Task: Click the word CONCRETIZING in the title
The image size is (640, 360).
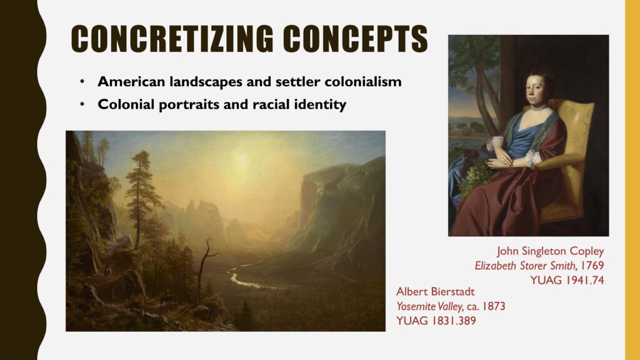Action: (172, 39)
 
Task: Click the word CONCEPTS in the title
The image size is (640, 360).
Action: (355, 39)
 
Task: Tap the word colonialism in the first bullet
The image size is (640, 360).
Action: (363, 82)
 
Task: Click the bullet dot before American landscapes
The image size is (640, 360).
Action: (82, 82)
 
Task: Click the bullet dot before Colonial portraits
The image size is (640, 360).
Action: (82, 104)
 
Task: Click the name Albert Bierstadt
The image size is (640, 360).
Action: (436, 291)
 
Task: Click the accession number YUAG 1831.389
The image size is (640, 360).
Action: (436, 321)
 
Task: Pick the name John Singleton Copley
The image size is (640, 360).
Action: (550, 251)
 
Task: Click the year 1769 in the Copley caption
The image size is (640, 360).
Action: (592, 265)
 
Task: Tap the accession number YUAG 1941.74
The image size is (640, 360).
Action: (567, 280)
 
